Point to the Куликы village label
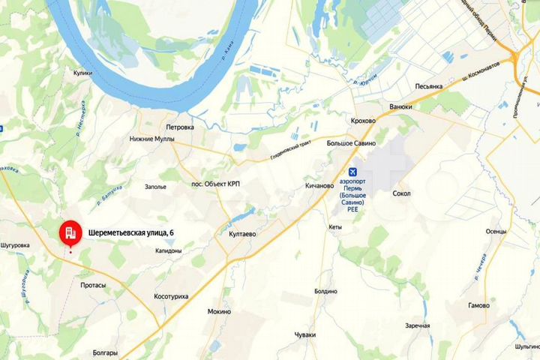coord(82,73)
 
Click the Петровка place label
coord(180,127)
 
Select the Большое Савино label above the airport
coord(352,142)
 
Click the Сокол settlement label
coord(401,193)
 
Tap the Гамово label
coord(478,306)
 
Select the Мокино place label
coord(219,311)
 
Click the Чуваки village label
coord(305,334)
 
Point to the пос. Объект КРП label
coord(215,184)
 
